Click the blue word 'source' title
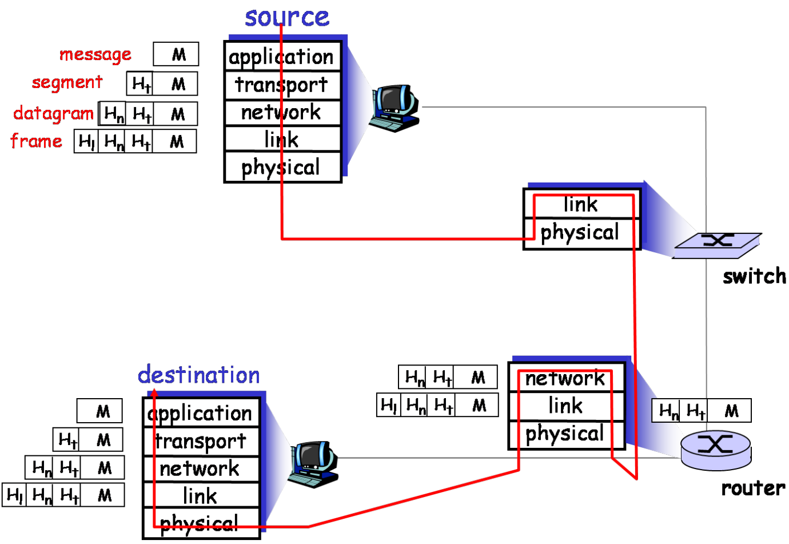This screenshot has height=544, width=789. (287, 17)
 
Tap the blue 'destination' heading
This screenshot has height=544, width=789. (199, 375)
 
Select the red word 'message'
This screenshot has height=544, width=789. (95, 54)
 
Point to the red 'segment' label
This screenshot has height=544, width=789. (67, 82)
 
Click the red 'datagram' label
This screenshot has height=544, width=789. (53, 113)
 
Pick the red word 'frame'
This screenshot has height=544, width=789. (37, 141)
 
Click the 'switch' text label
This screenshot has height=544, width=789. (754, 276)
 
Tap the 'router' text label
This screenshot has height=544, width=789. (753, 488)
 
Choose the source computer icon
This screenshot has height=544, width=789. (394, 108)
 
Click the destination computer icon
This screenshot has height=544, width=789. (313, 464)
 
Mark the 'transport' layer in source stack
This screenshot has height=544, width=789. (282, 85)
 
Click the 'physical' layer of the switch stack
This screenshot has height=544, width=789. (580, 233)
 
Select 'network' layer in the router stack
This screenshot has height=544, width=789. (565, 378)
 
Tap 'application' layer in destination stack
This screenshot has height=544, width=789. (200, 413)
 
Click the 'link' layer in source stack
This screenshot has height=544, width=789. (282, 140)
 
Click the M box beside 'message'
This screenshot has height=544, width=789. (177, 54)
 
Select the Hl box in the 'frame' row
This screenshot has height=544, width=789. (86, 141)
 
